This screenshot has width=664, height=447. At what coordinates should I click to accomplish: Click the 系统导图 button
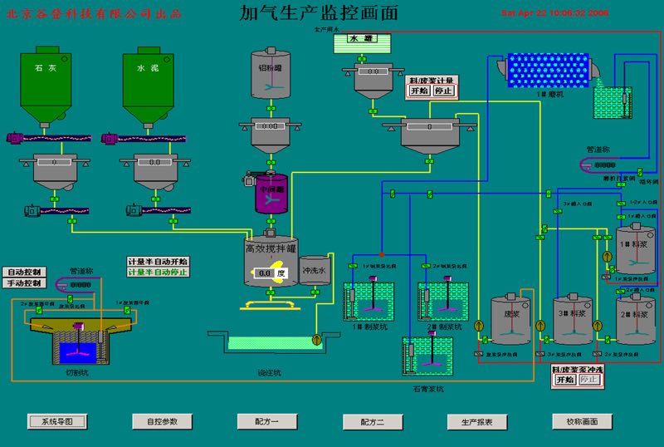[57, 421]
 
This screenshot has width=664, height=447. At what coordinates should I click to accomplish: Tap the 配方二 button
[373, 421]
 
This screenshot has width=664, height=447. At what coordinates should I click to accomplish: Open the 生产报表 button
[477, 421]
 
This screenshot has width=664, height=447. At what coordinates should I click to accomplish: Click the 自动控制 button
[26, 272]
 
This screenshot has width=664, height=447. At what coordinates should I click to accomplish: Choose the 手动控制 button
[26, 283]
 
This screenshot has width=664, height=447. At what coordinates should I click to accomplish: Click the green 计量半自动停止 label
[158, 273]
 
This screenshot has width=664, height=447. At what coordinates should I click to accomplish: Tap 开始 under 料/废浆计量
[418, 91]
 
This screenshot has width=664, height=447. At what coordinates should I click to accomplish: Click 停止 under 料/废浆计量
[443, 91]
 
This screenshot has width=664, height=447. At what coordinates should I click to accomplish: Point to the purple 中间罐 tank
[271, 189]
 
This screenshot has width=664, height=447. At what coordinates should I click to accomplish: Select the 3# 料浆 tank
[574, 320]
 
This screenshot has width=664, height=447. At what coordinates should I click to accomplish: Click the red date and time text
[555, 13]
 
